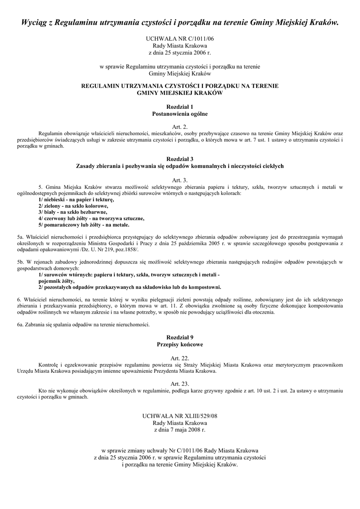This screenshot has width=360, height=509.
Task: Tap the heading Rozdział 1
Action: click(180, 106)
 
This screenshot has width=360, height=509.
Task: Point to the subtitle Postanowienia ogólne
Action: click(180, 114)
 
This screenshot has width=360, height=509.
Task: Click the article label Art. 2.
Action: click(180, 127)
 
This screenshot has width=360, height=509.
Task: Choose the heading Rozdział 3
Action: click(180, 159)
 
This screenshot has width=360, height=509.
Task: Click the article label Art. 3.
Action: click(180, 179)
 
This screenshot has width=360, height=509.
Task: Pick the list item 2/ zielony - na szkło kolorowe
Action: click(73, 205)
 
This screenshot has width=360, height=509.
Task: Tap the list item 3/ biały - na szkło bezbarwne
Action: click(73, 212)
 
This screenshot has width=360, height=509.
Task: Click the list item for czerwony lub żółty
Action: click(91, 218)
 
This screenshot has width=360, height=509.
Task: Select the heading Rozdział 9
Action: click(180, 337)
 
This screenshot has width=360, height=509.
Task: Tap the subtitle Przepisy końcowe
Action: click(180, 344)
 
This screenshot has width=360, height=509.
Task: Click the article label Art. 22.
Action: click(180, 358)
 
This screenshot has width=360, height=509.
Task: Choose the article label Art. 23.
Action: click(180, 384)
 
